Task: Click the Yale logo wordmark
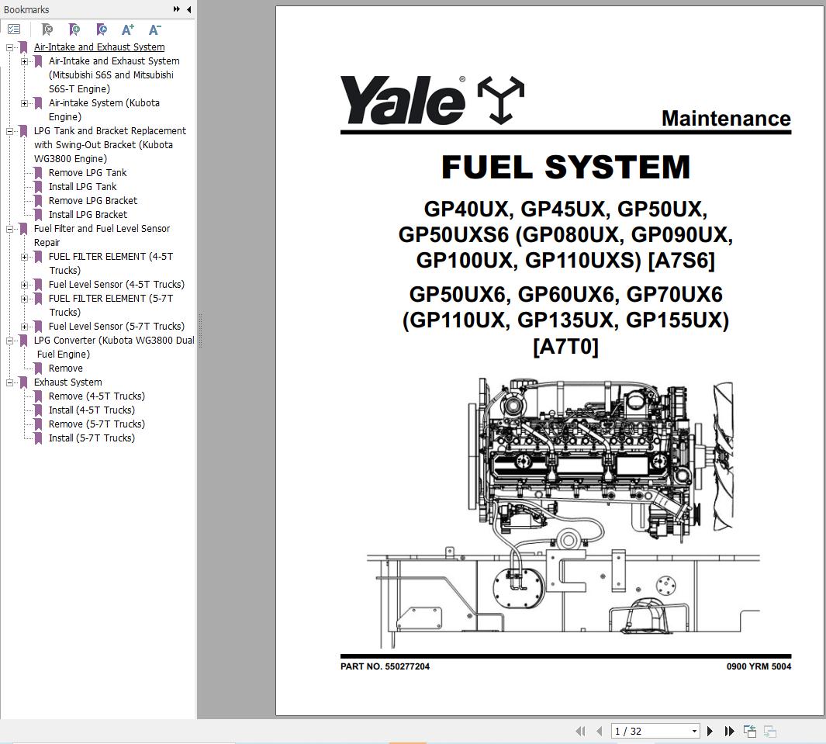(x=402, y=101)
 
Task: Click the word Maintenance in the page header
(x=725, y=119)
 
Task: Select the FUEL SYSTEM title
(x=565, y=168)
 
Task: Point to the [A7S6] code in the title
(x=681, y=260)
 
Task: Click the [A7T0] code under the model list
(x=565, y=346)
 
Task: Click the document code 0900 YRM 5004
(x=758, y=666)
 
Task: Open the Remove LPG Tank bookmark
(x=87, y=173)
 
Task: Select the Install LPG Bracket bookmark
(x=88, y=215)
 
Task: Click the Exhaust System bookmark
(x=67, y=382)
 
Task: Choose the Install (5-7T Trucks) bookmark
(x=92, y=438)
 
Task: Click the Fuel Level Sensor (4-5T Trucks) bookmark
(x=116, y=285)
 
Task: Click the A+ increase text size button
(x=128, y=29)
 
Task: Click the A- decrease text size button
(x=154, y=29)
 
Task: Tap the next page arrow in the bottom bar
(x=710, y=731)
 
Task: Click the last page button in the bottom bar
(x=729, y=731)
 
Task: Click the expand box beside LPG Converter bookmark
(x=10, y=341)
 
